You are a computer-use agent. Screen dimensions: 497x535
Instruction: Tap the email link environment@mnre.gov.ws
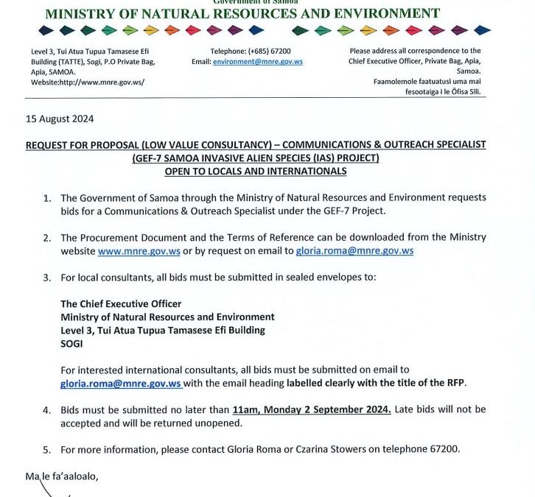(x=257, y=62)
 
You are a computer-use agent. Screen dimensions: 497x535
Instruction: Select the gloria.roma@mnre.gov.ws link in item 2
(x=354, y=251)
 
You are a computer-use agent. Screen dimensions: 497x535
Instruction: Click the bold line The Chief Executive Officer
(x=121, y=304)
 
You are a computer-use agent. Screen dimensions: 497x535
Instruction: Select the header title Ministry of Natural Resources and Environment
(x=242, y=13)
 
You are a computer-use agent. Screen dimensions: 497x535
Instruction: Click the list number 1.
(x=46, y=198)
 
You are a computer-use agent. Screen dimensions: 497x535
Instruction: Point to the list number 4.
(x=46, y=409)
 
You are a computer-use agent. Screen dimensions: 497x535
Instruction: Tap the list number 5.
(x=46, y=449)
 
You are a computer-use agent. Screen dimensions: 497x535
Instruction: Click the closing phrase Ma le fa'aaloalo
(x=61, y=476)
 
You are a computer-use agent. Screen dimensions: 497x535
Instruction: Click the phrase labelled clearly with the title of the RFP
(x=376, y=384)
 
